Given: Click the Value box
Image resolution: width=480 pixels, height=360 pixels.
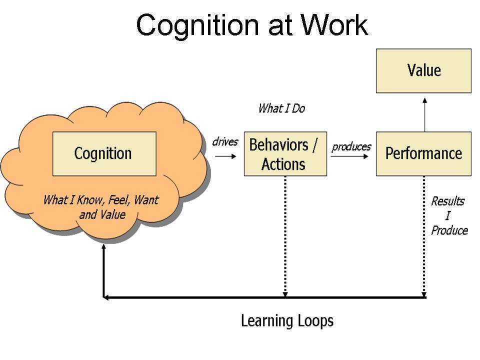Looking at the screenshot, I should point(423,70).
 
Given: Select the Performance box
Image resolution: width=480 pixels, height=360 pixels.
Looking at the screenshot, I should point(423,153).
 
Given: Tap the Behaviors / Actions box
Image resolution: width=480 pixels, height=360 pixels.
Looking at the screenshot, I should point(285,153).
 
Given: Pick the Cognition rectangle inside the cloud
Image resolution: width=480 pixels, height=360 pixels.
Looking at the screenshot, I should point(104,153).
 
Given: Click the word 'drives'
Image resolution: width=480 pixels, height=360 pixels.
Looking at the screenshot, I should point(225,141).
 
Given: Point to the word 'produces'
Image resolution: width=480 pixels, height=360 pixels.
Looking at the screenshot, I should point(351,146).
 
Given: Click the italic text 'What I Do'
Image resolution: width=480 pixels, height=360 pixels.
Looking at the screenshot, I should point(281,108).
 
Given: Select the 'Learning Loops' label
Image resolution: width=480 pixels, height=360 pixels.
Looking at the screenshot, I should point(286,320).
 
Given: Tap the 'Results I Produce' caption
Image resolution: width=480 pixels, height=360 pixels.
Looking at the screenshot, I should point(448,215).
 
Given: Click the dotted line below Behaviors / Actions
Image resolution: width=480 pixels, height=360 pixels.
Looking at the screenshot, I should point(285,235).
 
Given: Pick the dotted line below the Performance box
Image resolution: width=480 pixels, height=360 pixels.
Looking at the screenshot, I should point(424,235).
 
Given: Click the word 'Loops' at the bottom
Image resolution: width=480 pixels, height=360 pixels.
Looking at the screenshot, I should point(313,320).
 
